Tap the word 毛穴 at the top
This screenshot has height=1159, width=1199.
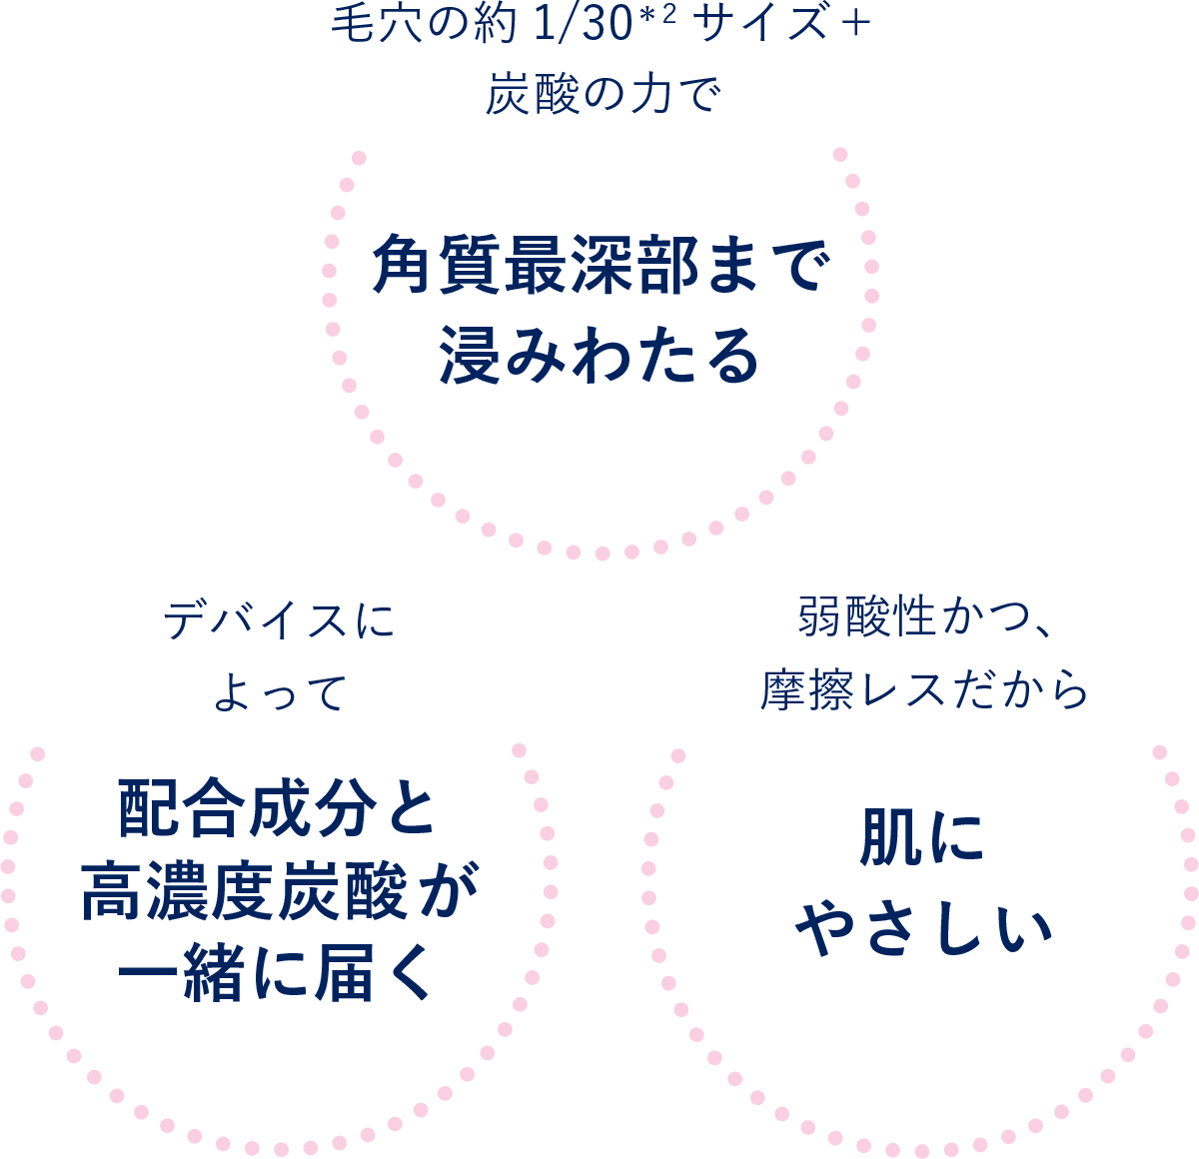[x=368, y=26]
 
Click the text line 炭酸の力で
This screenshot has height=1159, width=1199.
[x=601, y=96]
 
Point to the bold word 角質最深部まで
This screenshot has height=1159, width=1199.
[x=600, y=268]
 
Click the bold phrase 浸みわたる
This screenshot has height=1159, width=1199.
[x=600, y=356]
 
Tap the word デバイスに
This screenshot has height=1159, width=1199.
[x=279, y=621]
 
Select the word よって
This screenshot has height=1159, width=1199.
[x=279, y=691]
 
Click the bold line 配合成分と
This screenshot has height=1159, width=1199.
[x=278, y=809]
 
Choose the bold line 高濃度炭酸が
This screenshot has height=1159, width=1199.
[x=279, y=891]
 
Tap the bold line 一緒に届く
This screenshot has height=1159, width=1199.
[x=278, y=973]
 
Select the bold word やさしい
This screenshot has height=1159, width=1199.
[x=923, y=929]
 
